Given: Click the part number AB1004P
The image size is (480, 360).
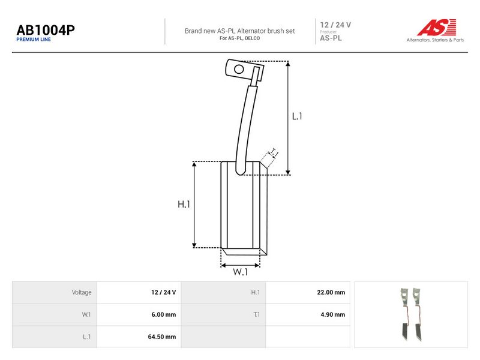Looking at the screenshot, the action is (x=46, y=30).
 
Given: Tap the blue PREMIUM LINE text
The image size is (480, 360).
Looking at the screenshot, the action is (x=34, y=40).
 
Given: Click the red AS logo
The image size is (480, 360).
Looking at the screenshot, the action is (x=437, y=27).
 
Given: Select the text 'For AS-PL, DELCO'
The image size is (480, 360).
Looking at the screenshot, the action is (x=239, y=38).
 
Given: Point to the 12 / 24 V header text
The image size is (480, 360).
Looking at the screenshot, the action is (x=335, y=25).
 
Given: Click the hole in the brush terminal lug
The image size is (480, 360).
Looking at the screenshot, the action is (x=239, y=69).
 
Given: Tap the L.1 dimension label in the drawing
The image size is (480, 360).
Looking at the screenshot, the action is (x=297, y=116).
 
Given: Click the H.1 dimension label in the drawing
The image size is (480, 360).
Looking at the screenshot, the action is (x=184, y=204).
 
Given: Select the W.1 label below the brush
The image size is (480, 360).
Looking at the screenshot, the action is (x=241, y=272).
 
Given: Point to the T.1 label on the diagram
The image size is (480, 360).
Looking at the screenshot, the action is (x=273, y=152).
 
